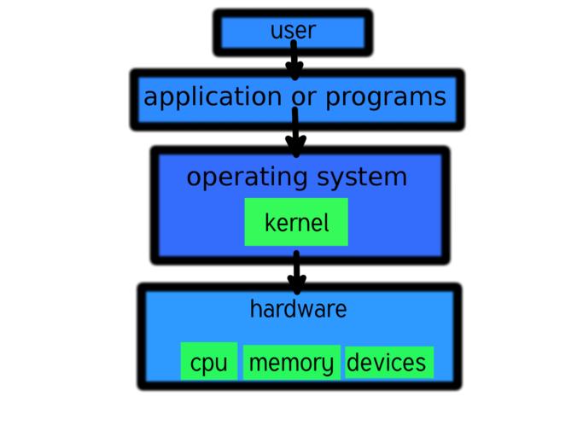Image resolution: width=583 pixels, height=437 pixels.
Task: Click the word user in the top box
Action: click(293, 32)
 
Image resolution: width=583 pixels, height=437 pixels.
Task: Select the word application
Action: click(213, 96)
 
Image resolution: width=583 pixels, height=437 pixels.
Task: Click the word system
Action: click(362, 178)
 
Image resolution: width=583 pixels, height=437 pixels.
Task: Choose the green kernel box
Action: click(296, 222)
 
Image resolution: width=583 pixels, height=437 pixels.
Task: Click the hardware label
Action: click(298, 308)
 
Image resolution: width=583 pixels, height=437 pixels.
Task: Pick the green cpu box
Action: click(209, 362)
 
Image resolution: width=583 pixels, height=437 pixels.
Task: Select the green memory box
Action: click(291, 362)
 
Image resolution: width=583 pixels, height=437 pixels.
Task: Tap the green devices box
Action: click(388, 362)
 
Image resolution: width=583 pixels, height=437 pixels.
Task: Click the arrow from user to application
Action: click(294, 59)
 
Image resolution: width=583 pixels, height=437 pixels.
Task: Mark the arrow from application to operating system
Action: click(295, 133)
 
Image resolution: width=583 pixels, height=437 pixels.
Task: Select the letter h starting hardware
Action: click(254, 308)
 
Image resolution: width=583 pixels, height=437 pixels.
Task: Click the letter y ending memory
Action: click(328, 364)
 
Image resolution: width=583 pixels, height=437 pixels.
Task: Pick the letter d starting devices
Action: click(353, 362)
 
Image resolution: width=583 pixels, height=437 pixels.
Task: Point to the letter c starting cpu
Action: click(195, 364)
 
